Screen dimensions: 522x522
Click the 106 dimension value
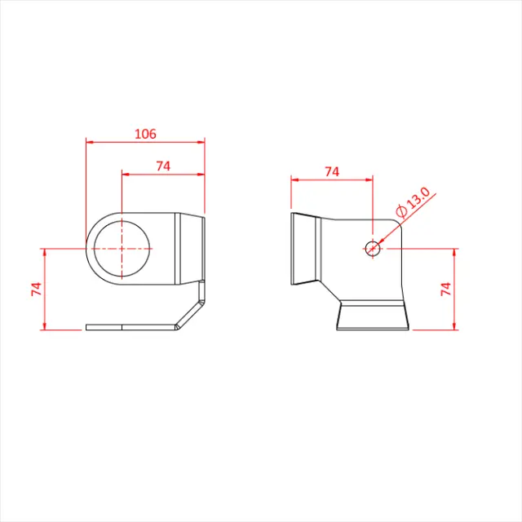144,133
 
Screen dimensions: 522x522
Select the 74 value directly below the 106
162,166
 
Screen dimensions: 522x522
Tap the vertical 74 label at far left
36,289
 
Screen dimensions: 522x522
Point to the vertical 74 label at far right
445,289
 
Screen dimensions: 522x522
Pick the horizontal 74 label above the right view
331,171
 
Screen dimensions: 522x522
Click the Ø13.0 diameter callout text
413,204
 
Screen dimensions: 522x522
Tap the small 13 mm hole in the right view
373,248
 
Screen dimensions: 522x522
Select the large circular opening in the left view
122,248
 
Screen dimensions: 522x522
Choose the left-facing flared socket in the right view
304,248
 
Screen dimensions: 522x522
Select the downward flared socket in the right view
372,316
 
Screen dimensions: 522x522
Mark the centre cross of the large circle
122,248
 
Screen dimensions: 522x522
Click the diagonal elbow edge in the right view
330,288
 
